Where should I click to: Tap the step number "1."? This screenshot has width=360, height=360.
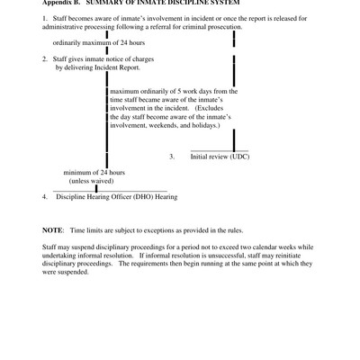45,19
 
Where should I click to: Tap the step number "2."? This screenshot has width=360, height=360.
45,58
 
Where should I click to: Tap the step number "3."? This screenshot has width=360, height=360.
172,156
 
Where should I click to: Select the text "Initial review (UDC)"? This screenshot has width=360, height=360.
220,156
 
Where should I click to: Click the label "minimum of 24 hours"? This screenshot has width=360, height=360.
94,172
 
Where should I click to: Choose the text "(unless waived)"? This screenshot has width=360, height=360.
94,180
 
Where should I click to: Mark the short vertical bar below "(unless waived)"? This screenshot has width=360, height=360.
96,188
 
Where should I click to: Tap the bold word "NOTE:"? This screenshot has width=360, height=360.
52,229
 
